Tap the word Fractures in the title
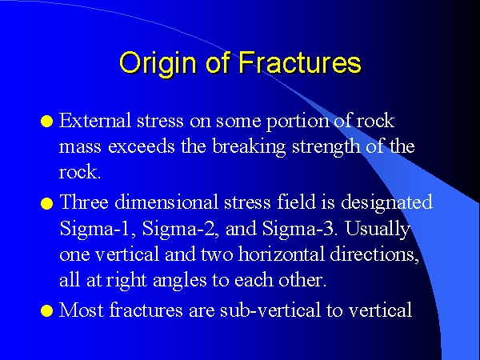[300, 62]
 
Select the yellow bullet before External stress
[47, 122]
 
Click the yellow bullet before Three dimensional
[47, 203]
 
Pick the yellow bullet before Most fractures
[47, 310]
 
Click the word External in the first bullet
[95, 120]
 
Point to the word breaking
[249, 147]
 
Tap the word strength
[326, 147]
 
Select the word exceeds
[141, 146]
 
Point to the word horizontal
[281, 254]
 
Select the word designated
[386, 203]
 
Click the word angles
[179, 281]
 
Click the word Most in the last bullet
[81, 310]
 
